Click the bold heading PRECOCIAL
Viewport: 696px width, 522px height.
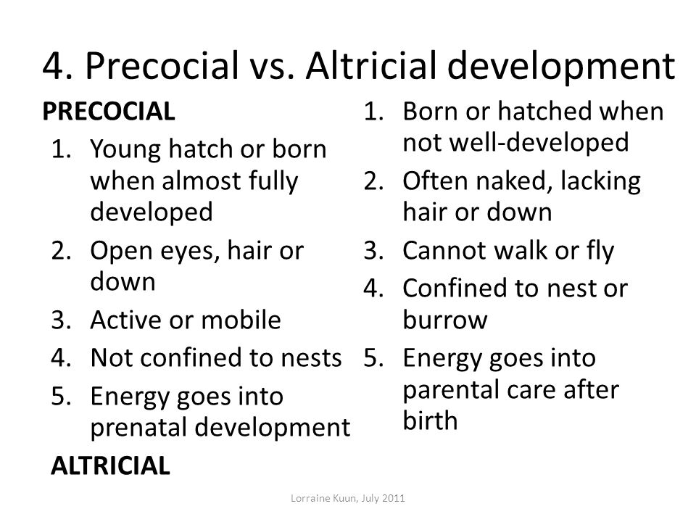pos(109,111)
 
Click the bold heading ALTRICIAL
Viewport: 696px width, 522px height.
pos(110,465)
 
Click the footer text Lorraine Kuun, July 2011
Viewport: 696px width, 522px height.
pos(347,498)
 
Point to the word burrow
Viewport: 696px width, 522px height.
pos(444,320)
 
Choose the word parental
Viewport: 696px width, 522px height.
pos(450,391)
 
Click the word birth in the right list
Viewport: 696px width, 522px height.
pos(430,420)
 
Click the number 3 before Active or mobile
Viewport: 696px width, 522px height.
pos(61,320)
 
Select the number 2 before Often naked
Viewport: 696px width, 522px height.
pos(373,181)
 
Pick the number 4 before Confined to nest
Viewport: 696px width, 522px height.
pos(373,289)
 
